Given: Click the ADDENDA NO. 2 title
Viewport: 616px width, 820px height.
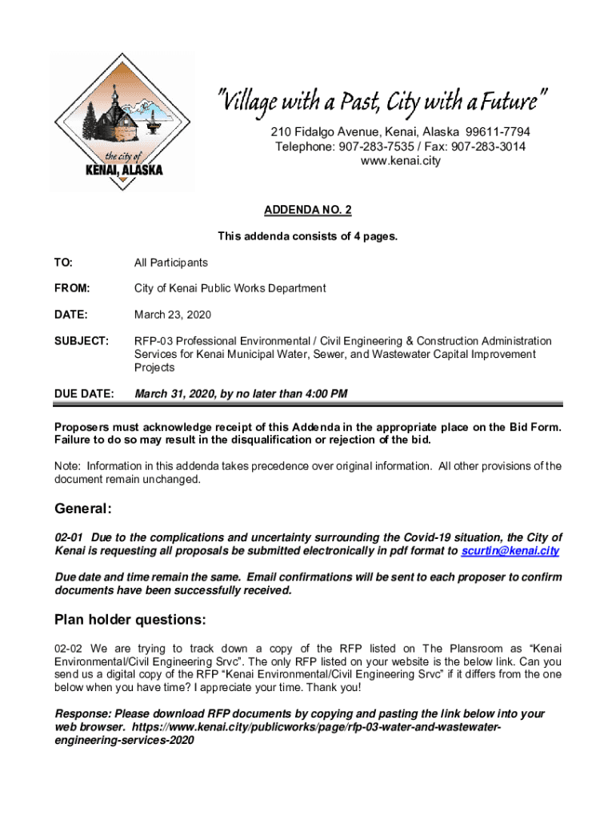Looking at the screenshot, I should (308, 210).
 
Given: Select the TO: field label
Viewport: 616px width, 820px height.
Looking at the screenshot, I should (62, 263).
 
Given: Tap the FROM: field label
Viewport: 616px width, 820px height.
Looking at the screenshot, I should (71, 288).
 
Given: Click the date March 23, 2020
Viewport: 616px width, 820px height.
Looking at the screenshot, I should (172, 315).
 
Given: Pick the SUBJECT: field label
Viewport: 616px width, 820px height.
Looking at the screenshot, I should (81, 341).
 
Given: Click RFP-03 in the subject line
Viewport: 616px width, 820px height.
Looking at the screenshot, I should (154, 341).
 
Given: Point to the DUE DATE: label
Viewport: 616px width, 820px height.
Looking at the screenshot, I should (83, 394).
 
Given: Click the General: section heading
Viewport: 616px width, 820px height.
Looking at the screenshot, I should (83, 509).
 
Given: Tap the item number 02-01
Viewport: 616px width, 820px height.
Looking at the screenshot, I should (68, 537).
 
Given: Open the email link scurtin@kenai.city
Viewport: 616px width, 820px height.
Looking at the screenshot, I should (510, 552).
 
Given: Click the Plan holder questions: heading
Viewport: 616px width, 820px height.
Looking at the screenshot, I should (130, 620).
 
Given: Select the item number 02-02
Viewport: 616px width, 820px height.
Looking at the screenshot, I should (68, 648).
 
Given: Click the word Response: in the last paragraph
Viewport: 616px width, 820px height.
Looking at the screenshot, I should (82, 713).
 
